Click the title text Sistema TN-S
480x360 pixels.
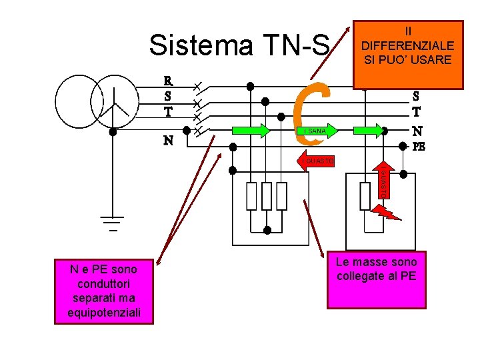(239, 45)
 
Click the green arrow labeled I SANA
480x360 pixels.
(313, 131)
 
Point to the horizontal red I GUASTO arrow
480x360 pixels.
(317, 161)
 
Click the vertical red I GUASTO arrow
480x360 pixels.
(383, 179)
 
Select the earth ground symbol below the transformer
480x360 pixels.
(113, 223)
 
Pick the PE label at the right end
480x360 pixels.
(418, 146)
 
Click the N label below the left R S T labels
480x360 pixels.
(169, 141)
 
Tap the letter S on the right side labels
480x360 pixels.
(416, 97)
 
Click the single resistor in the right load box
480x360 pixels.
(365, 196)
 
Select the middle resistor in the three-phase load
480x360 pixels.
(266, 196)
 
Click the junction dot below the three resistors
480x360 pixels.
(267, 231)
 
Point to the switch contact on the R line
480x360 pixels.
(197, 87)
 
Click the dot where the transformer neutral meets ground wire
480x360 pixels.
(113, 131)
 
